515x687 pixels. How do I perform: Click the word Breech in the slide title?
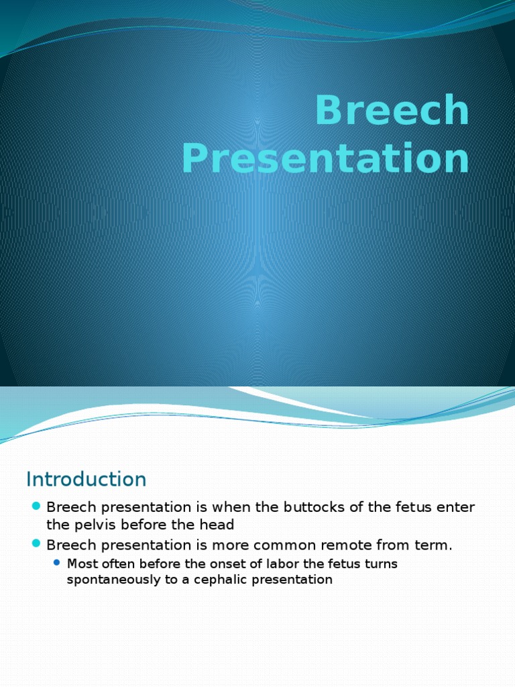click(392, 111)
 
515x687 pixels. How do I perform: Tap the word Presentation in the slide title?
click(325, 160)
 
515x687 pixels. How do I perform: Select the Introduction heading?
click(86, 479)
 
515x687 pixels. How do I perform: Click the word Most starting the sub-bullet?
click(81, 564)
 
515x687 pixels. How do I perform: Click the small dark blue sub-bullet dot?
click(56, 563)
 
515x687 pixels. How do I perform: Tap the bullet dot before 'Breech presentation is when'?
click(36, 506)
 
